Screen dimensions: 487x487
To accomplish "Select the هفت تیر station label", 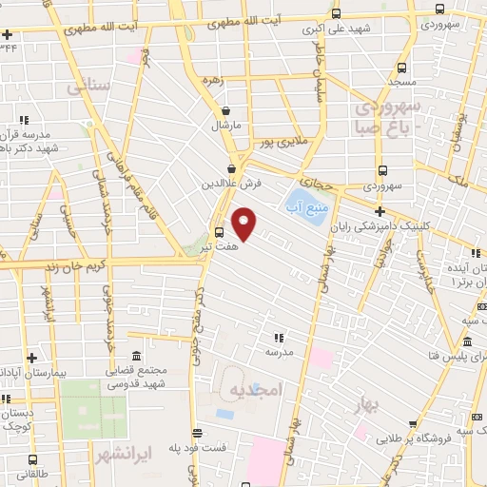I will point(193,246).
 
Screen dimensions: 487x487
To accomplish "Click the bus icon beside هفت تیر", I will point(220,232).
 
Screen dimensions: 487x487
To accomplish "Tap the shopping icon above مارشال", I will point(225,110).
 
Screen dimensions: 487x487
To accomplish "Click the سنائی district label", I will point(88,86).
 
